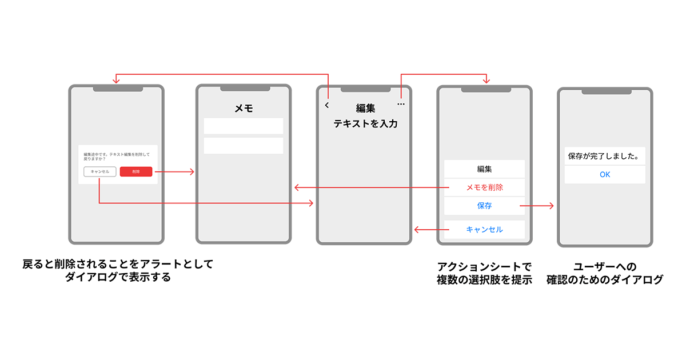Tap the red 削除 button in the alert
[136, 171]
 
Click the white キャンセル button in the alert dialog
[100, 171]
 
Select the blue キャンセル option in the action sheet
[484, 230]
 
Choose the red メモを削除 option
[484, 187]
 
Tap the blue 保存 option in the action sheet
[484, 206]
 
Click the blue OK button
[605, 175]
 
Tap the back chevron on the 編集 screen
[327, 105]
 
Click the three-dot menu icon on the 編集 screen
[401, 105]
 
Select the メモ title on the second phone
[244, 108]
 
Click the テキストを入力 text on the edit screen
[365, 123]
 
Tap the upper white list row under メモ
[244, 126]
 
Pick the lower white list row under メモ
[244, 146]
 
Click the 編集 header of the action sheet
[484, 169]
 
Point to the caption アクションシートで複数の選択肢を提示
[484, 273]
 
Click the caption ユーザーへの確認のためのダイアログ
[605, 273]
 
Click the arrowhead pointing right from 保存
[552, 206]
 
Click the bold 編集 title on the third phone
[365, 108]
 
